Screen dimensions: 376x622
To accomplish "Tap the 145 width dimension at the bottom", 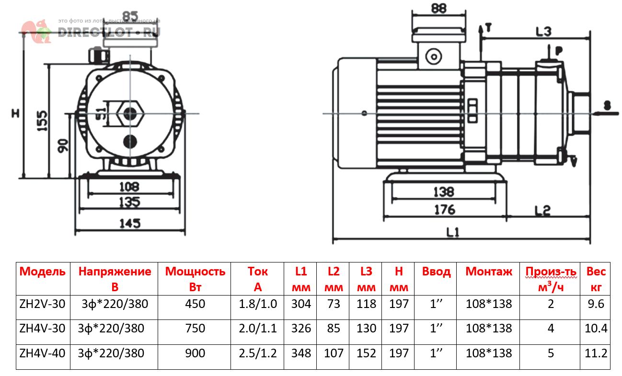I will click(x=130, y=223).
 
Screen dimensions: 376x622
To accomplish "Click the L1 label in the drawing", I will click(x=453, y=233).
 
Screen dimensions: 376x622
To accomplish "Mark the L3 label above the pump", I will click(x=544, y=32).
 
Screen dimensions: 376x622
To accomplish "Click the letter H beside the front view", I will click(x=15, y=114).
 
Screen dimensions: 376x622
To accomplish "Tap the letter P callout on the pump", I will click(x=558, y=50).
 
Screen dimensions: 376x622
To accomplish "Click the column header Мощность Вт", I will click(x=195, y=279).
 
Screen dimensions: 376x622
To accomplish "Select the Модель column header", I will click(x=43, y=272).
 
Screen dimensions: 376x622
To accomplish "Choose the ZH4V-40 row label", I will click(x=43, y=353).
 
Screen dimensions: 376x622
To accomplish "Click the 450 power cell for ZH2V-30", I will click(x=195, y=304).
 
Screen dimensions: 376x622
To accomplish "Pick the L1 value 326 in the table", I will click(x=300, y=329).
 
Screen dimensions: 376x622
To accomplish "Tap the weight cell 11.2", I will click(x=596, y=353).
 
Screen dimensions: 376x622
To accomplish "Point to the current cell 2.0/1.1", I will click(x=257, y=329).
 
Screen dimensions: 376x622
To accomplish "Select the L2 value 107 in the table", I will click(x=334, y=353).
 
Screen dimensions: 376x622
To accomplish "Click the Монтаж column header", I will click(x=489, y=272).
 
